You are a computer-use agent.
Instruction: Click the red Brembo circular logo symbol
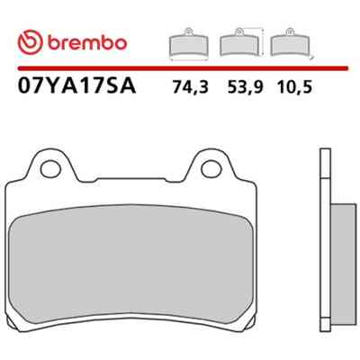tap(30, 42)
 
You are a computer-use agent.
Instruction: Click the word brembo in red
tap(87, 43)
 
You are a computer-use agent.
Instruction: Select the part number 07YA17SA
tap(77, 86)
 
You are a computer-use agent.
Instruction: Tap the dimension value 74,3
tap(190, 87)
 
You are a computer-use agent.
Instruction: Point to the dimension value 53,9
tap(245, 87)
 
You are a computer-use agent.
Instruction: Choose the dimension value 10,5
tap(295, 87)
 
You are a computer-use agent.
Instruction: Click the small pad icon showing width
tap(189, 44)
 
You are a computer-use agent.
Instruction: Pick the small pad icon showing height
tap(241, 42)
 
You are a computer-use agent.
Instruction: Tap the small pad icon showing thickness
tap(292, 42)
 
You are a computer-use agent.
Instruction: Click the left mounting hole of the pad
tap(50, 169)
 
